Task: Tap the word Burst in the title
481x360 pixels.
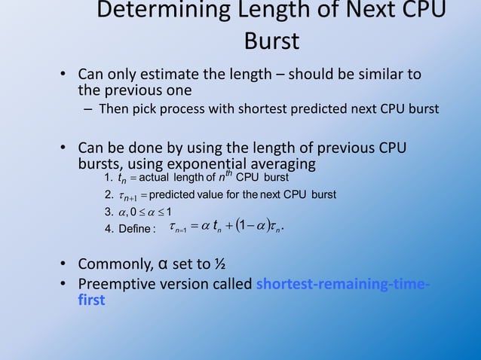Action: point(271,41)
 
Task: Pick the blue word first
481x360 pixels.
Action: point(90,299)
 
